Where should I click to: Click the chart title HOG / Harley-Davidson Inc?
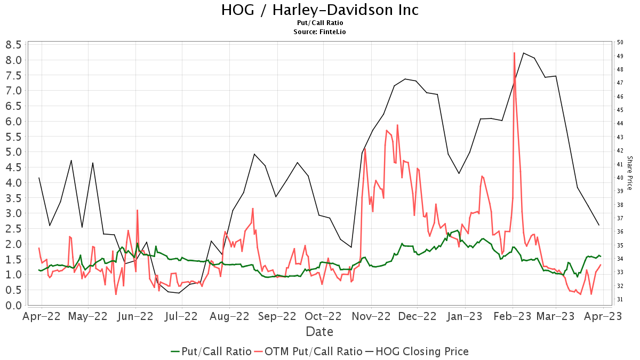point(320,10)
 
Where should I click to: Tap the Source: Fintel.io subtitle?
point(320,32)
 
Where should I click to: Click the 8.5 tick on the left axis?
point(13,44)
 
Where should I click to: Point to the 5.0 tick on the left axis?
point(13,152)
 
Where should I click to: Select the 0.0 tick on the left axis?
point(13,305)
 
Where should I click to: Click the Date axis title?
point(320,332)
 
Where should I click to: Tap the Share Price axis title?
point(629,173)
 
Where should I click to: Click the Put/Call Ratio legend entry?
point(211,351)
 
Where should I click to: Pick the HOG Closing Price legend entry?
point(417,351)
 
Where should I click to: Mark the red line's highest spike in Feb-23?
point(514,53)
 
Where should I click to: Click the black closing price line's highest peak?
point(524,53)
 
